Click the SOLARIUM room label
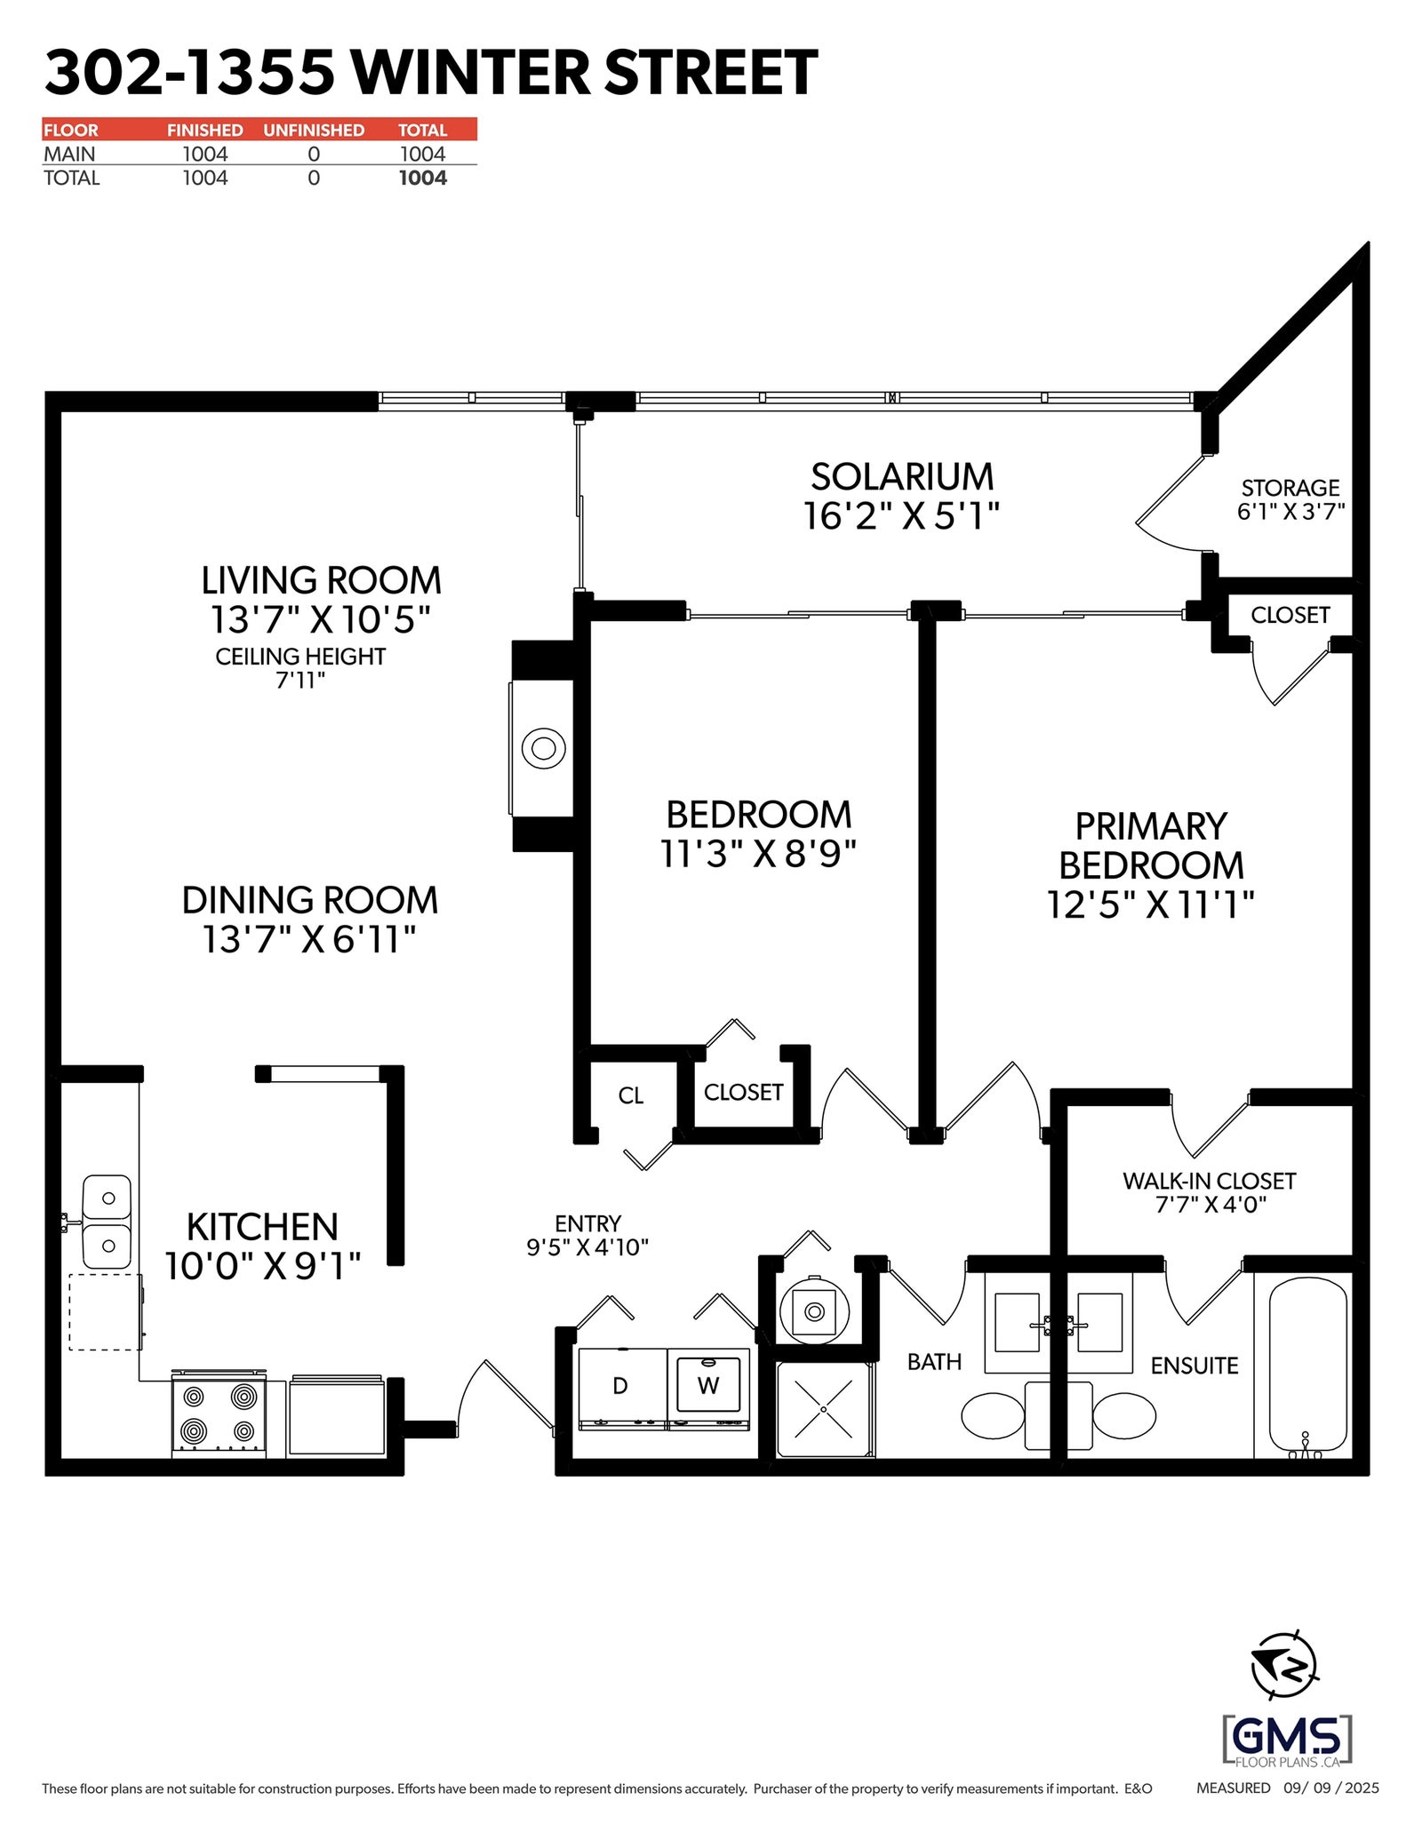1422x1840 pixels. pos(902,477)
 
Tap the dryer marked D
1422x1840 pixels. pos(622,1388)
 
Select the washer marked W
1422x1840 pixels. pos(708,1388)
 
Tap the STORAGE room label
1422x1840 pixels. pos(1290,488)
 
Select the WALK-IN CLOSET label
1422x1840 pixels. pos(1210,1181)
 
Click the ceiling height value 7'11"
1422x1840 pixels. pos(300,681)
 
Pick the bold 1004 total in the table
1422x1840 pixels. pos(423,178)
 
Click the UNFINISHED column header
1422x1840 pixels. pos(314,130)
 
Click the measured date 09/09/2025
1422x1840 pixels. pos(1331,1788)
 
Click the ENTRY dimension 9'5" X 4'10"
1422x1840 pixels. pos(587,1247)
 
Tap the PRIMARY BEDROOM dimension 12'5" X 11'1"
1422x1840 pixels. pos(1151,904)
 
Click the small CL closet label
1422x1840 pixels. pos(631,1095)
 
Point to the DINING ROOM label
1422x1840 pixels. pos(310,900)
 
